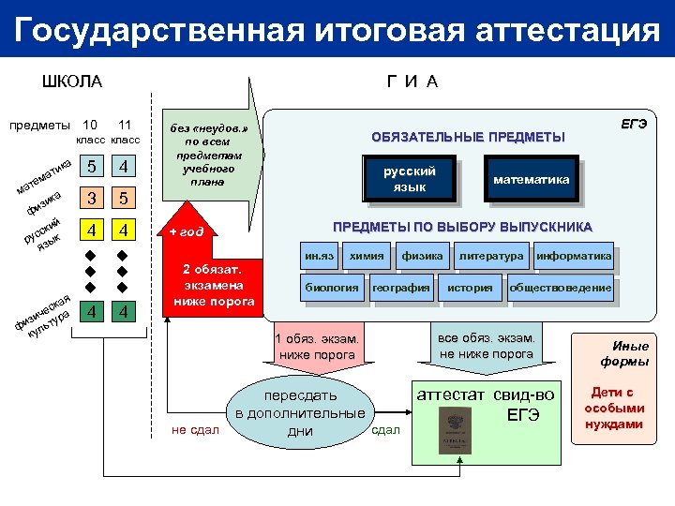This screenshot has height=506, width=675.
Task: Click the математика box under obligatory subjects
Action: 531,179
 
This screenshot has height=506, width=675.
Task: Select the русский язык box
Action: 410,179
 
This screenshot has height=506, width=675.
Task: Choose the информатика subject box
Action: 574,256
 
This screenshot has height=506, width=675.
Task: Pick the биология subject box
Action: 331,288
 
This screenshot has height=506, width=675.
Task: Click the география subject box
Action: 400,288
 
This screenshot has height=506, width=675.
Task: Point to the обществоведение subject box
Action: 561,288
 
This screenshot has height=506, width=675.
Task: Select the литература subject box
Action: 491,256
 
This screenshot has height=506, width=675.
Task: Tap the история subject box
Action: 469,288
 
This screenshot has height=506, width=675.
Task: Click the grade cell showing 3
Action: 91,199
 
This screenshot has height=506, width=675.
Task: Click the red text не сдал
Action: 195,429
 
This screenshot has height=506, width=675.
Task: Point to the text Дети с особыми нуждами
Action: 614,409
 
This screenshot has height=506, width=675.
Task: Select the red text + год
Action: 186,231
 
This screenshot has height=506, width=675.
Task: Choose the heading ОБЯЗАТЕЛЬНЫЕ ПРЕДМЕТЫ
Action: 468,137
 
